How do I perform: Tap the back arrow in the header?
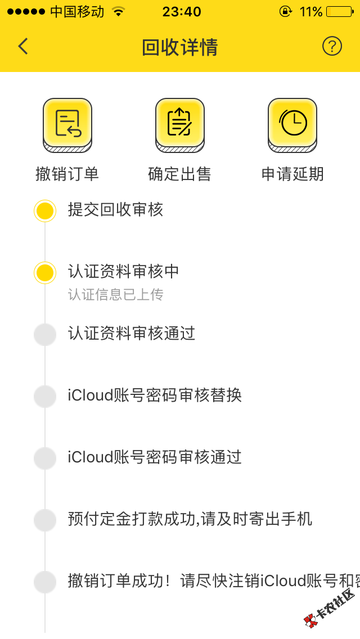click(23, 46)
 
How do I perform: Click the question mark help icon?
click(332, 46)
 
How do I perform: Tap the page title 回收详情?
click(180, 47)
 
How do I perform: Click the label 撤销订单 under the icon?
click(67, 174)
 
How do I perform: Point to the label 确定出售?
click(180, 174)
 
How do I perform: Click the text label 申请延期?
click(292, 174)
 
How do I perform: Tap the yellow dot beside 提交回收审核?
click(45, 211)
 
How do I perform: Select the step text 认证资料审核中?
click(124, 272)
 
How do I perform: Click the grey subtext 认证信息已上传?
click(115, 295)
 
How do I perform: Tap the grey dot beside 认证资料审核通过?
click(45, 334)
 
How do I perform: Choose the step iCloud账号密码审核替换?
click(155, 395)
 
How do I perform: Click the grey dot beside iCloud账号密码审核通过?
click(45, 458)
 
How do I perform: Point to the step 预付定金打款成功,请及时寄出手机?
click(190, 519)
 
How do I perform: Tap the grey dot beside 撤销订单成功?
click(45, 582)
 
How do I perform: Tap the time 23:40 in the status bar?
click(182, 11)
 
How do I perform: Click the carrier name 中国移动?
click(77, 11)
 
